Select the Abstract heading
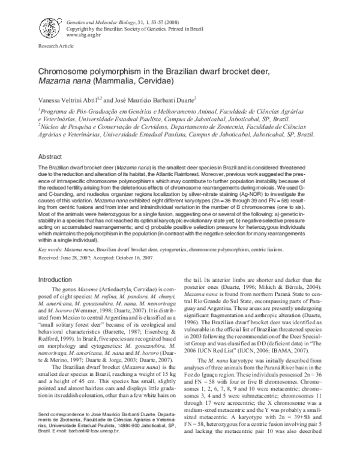pos(50,155)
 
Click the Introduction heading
pos(55,280)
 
